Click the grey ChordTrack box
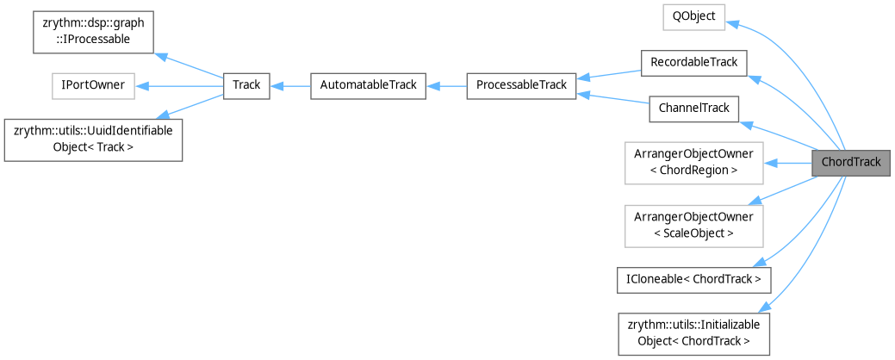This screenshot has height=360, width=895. pyautogui.click(x=850, y=162)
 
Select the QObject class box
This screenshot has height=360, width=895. pyautogui.click(x=693, y=16)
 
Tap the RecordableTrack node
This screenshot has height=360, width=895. pyautogui.click(x=693, y=62)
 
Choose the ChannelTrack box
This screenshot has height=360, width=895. pyautogui.click(x=693, y=108)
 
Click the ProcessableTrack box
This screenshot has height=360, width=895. pyautogui.click(x=521, y=85)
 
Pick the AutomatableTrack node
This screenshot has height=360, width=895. pyautogui.click(x=368, y=85)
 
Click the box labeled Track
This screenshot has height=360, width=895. pyautogui.click(x=246, y=85)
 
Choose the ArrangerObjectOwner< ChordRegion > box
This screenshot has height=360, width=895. pyautogui.click(x=693, y=162)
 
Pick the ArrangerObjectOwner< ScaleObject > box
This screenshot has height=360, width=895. pyautogui.click(x=693, y=224)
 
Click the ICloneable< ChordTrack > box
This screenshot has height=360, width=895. pyautogui.click(x=693, y=279)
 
